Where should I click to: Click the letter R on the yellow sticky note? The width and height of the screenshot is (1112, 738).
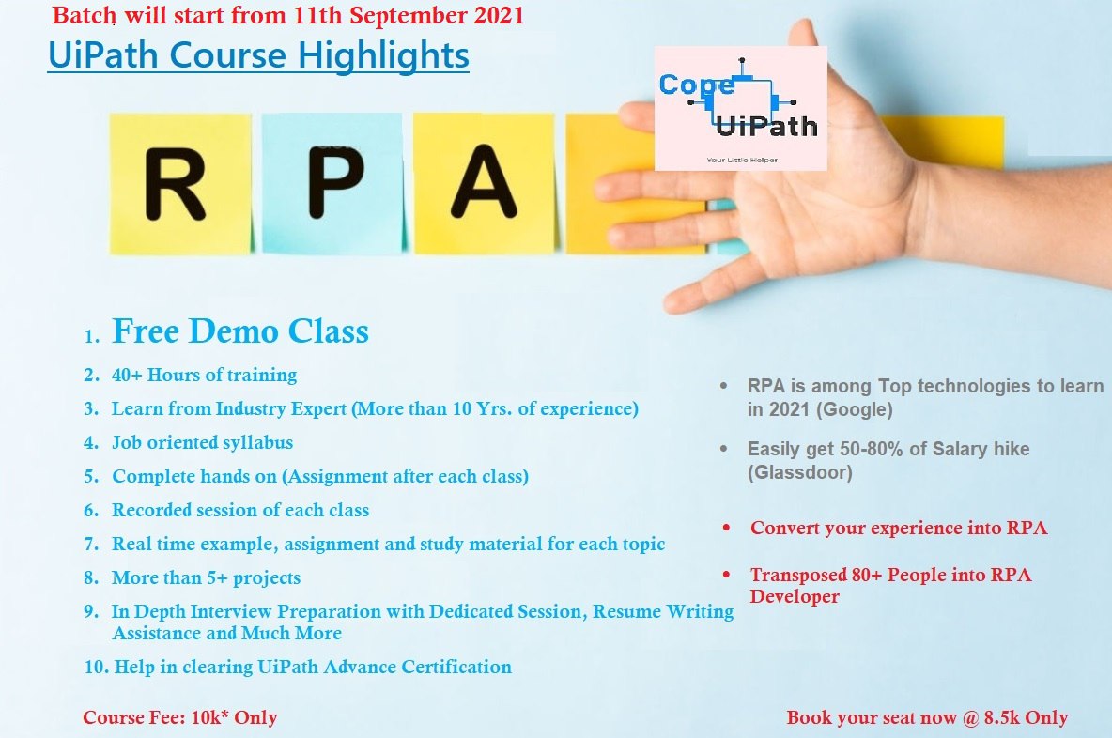[x=176, y=184]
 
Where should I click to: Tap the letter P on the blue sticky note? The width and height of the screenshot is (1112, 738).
[x=336, y=181]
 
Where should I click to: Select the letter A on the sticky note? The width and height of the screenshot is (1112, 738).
[x=485, y=180]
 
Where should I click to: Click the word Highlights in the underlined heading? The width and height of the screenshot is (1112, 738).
[x=383, y=55]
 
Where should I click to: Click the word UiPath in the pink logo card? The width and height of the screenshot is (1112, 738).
[x=766, y=126]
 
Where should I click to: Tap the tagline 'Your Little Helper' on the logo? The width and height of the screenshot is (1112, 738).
[x=742, y=161]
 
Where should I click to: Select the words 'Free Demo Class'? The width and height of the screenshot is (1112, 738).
[x=240, y=331]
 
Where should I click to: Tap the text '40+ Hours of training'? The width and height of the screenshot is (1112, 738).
[x=204, y=375]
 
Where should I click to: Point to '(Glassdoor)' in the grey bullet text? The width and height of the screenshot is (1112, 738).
[x=800, y=472]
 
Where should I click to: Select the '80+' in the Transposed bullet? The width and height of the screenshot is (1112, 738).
[x=867, y=575]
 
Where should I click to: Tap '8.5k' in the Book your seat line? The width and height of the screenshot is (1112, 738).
[x=1002, y=717]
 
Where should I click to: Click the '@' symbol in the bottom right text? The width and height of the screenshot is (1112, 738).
[x=970, y=718]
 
